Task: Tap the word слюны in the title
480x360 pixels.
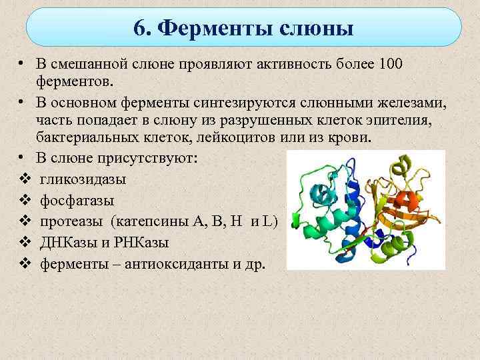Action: pyautogui.click(x=317, y=29)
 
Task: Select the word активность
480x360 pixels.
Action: pyautogui.click(x=286, y=64)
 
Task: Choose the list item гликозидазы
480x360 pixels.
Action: pyautogui.click(x=83, y=180)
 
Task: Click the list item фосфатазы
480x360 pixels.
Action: pyautogui.click(x=77, y=200)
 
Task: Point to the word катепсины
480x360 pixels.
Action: pyautogui.click(x=153, y=221)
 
